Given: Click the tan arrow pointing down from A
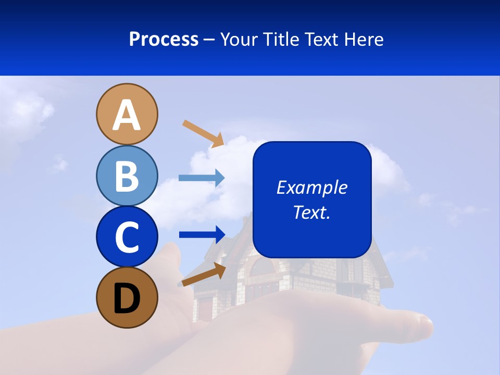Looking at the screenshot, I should coord(203,133).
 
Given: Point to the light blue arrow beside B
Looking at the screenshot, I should coord(202,178).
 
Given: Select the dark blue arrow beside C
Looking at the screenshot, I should coord(202,234).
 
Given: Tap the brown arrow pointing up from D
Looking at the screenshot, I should coord(204,274).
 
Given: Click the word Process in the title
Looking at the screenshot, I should coord(164,39).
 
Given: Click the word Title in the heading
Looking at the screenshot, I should coord(280,39).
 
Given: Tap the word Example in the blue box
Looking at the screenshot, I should coord(311,187).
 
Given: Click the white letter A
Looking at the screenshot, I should coord(127,115).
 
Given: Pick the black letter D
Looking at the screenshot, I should coord(127,298).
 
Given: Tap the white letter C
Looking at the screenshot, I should coord(127,238).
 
